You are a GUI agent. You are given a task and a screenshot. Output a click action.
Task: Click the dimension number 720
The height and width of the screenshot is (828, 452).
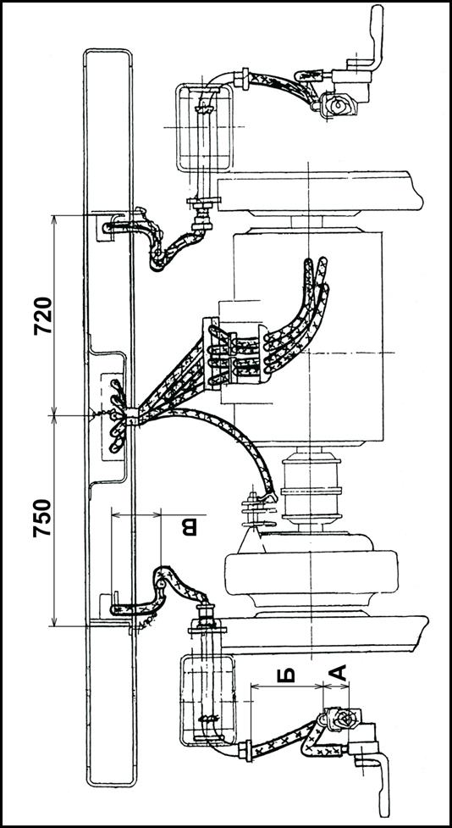click(x=42, y=316)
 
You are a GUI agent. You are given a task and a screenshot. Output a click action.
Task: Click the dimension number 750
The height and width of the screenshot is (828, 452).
click(x=42, y=518)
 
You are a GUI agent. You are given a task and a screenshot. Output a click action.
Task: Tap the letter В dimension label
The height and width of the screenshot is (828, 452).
click(x=190, y=527)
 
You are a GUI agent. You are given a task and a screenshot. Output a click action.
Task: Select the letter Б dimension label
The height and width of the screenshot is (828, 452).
click(x=286, y=675)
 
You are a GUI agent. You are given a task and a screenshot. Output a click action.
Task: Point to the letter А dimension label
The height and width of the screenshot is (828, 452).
click(x=338, y=673)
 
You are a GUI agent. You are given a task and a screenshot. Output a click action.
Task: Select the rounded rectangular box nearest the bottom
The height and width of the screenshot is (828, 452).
click(x=207, y=700)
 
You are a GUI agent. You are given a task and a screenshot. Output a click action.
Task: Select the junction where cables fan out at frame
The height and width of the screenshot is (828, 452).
click(x=131, y=417)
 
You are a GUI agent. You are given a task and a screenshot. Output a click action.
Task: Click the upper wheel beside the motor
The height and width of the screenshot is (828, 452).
click(x=320, y=192)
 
